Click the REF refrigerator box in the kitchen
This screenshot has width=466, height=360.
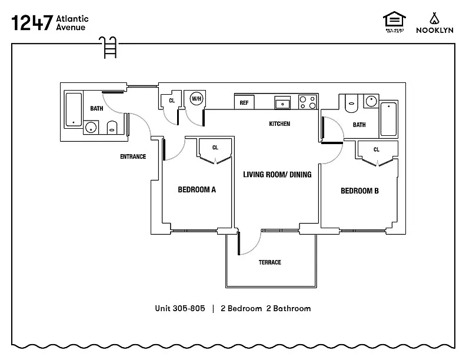tap(244, 102)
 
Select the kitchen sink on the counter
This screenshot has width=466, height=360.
tap(283, 103)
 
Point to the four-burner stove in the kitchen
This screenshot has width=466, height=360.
tap(307, 102)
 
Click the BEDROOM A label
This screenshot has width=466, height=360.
tap(197, 189)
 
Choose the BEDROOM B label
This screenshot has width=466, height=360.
tap(360, 191)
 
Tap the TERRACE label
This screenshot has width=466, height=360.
tap(270, 262)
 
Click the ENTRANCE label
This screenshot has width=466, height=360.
tap(133, 156)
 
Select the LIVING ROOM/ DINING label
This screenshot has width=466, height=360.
tap(277, 175)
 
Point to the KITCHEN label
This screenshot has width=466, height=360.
tap(279, 124)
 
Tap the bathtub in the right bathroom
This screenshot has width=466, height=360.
tap(389, 119)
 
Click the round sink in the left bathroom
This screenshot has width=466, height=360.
tap(92, 128)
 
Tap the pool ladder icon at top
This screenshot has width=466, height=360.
tap(109, 47)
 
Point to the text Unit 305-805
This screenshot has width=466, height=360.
tap(179, 308)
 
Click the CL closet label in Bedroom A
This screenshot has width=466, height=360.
tap(215, 148)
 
